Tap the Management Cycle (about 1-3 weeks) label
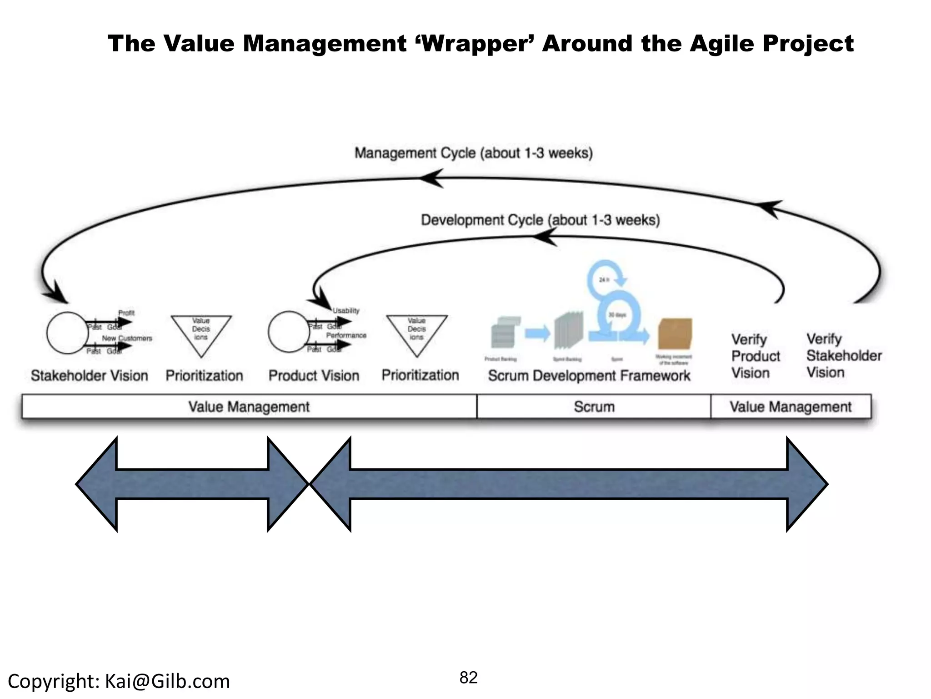pyautogui.click(x=473, y=153)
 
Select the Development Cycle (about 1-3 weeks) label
pyautogui.click(x=540, y=220)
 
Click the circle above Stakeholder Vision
pyautogui.click(x=67, y=333)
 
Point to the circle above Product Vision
pyautogui.click(x=289, y=332)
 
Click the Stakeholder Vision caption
pyautogui.click(x=90, y=376)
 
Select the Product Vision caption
pyautogui.click(x=314, y=376)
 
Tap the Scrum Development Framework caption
pyautogui.click(x=589, y=376)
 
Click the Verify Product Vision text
pyautogui.click(x=755, y=356)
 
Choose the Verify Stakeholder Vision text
pyautogui.click(x=844, y=356)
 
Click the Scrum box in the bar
pyautogui.click(x=594, y=406)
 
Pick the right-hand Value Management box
pyautogui.click(x=791, y=406)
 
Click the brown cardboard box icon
pyautogui.click(x=675, y=334)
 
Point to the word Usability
pyautogui.click(x=346, y=311)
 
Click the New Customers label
pyautogui.click(x=127, y=339)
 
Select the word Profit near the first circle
pyautogui.click(x=126, y=313)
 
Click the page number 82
pyautogui.click(x=468, y=678)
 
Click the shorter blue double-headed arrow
pyautogui.click(x=192, y=484)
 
